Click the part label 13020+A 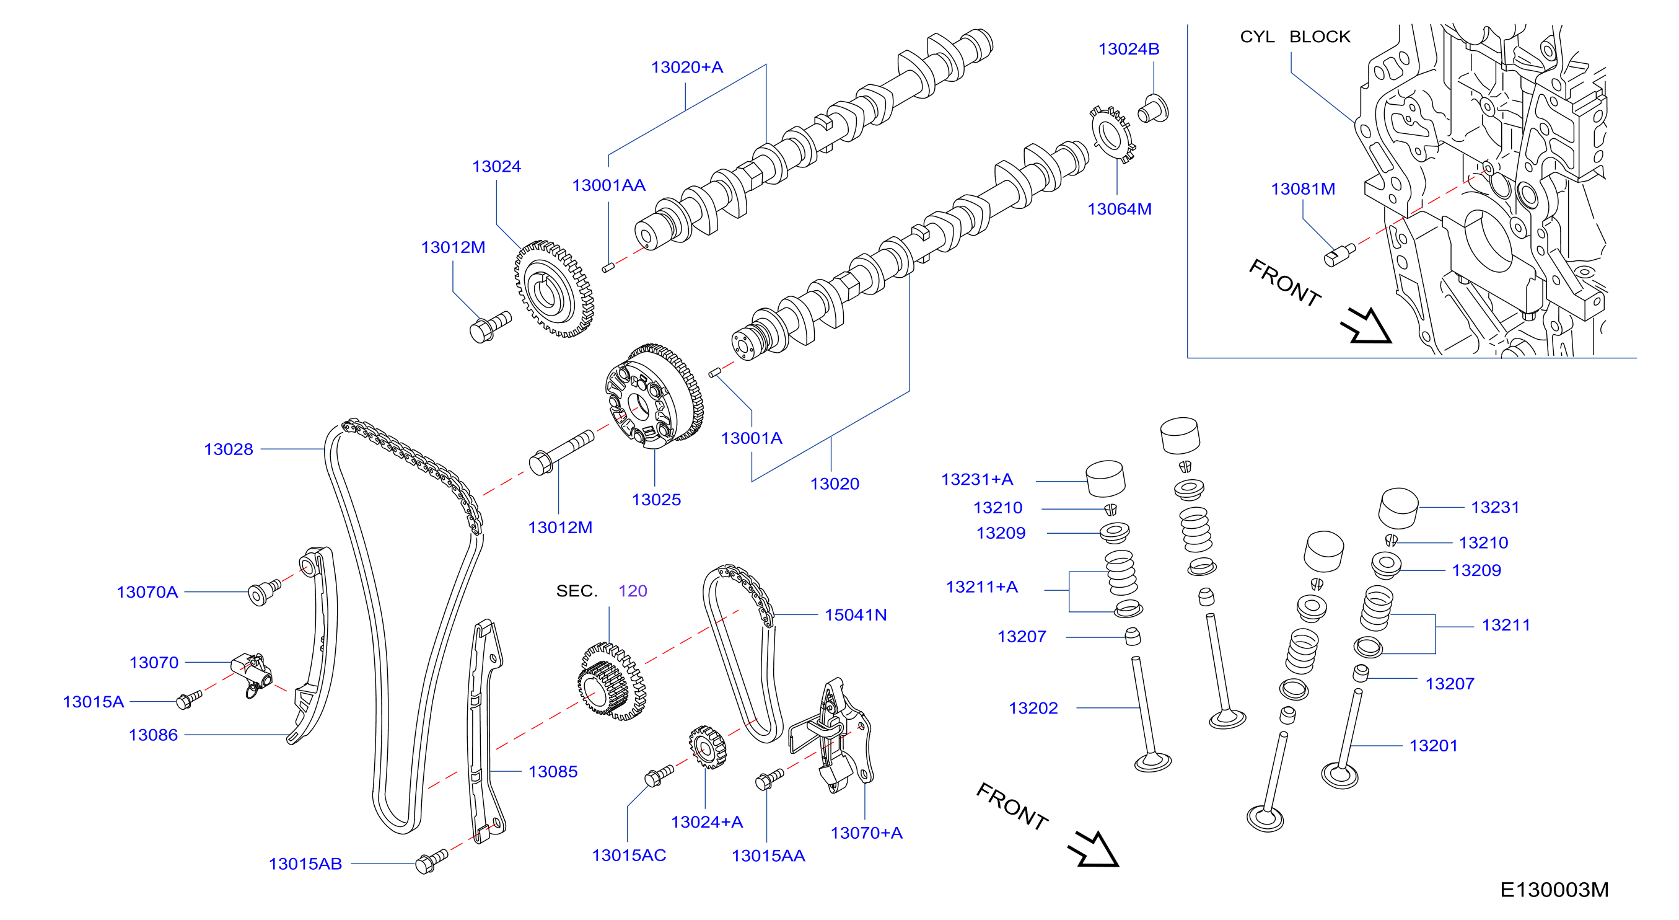click(x=686, y=67)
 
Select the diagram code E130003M click(x=1554, y=890)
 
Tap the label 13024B click(x=1128, y=49)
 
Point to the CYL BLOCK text click(x=1294, y=37)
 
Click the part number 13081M click(x=1302, y=189)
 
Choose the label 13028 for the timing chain click(x=228, y=449)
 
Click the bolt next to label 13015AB click(x=431, y=860)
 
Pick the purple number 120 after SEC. click(x=632, y=591)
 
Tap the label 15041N click(x=855, y=615)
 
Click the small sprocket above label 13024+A click(x=707, y=747)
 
